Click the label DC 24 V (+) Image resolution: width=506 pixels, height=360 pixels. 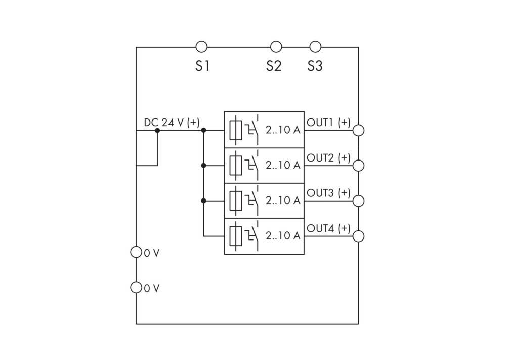172,123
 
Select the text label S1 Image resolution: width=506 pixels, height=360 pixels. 203,66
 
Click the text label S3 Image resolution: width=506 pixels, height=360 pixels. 315,66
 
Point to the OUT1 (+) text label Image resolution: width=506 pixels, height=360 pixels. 328,123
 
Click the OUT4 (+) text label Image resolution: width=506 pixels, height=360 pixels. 328,228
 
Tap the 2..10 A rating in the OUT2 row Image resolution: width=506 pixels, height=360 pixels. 283,165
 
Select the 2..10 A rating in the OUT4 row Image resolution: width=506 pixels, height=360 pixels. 283,236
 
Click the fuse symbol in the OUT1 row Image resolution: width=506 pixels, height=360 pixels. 236,130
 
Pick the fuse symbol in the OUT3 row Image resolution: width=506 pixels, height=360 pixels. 236,201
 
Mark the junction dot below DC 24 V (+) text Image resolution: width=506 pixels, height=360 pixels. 157,130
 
